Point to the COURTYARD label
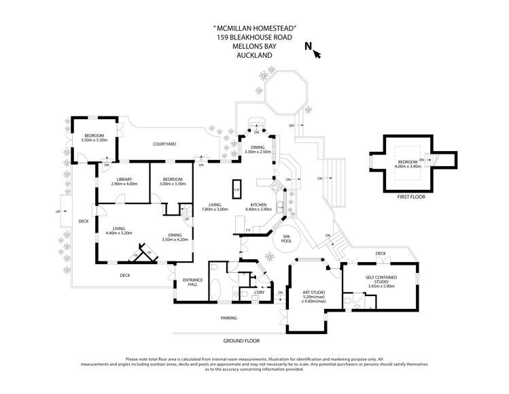pyautogui.click(x=164, y=144)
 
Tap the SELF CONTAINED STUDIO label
pyautogui.click(x=381, y=278)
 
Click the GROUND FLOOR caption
pyautogui.click(x=242, y=340)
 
